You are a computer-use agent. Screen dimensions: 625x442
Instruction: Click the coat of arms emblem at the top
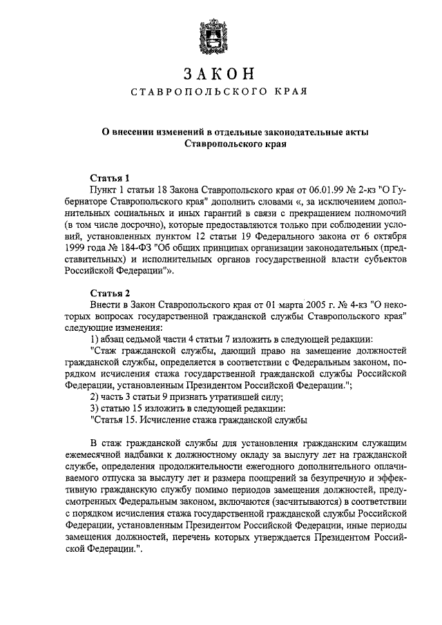pyautogui.click(x=220, y=32)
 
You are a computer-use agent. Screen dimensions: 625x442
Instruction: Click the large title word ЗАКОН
pyautogui.click(x=220, y=73)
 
